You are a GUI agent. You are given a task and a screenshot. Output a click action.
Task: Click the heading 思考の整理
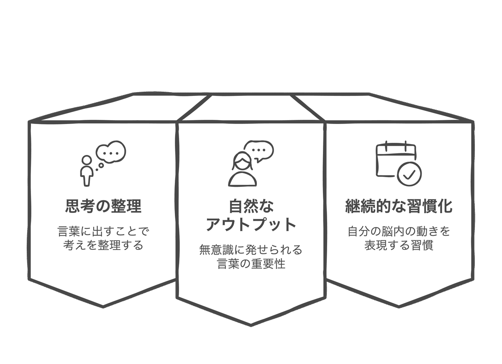tap(103, 206)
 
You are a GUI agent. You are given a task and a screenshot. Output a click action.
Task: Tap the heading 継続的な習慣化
tap(399, 206)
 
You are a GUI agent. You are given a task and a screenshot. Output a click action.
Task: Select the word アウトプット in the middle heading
tap(251, 224)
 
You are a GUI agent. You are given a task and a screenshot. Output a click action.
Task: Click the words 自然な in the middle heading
tap(251, 206)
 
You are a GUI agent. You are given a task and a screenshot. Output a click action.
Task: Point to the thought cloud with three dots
tap(111, 152)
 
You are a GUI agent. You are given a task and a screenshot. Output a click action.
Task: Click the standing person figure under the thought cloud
tap(87, 171)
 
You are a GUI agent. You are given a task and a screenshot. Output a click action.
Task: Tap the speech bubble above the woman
tap(259, 151)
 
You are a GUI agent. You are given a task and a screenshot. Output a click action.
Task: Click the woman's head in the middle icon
tap(242, 161)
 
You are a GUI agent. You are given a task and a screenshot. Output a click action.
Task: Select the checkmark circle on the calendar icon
tap(409, 174)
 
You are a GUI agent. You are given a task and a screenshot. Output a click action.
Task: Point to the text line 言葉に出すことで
tap(103, 231)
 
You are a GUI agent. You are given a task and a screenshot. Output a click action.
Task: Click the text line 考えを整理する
tap(103, 245)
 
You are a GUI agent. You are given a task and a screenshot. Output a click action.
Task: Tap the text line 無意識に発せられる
tap(251, 250)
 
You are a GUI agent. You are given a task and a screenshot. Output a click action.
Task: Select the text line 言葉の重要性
tap(251, 264)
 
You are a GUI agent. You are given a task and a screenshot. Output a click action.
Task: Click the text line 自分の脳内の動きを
tap(399, 231)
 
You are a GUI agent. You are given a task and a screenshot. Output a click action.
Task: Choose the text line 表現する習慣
tap(399, 245)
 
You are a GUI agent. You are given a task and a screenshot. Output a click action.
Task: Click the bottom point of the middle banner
tap(251, 325)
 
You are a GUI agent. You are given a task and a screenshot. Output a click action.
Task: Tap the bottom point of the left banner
tap(103, 307)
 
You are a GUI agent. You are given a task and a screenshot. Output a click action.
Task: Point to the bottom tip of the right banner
tap(399, 307)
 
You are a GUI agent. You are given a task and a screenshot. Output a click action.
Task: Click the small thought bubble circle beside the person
tap(101, 165)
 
